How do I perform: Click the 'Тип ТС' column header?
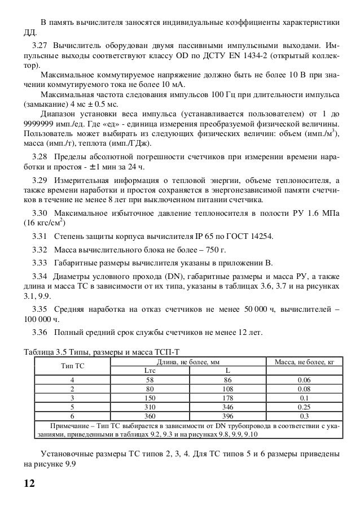click(x=72, y=366)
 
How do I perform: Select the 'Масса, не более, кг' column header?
click(x=303, y=361)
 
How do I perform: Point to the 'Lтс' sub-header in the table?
click(x=150, y=370)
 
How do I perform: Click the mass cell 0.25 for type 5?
click(x=303, y=406)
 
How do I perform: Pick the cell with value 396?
click(x=227, y=415)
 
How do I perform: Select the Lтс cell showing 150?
click(x=150, y=398)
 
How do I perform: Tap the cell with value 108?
click(x=227, y=389)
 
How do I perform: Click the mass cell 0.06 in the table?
click(x=303, y=380)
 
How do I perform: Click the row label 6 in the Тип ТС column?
click(x=72, y=415)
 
